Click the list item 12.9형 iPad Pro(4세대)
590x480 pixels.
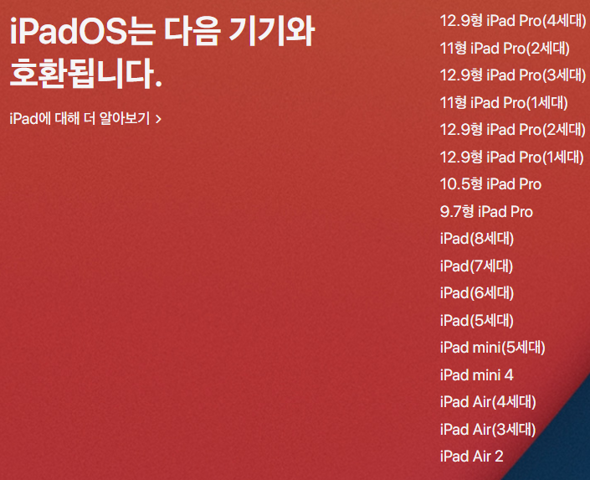pyautogui.click(x=513, y=20)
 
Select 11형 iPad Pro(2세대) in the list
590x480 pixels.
pyautogui.click(x=505, y=48)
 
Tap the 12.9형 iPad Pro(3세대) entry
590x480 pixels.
pyautogui.click(x=513, y=75)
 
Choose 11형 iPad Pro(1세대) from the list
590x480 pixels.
pyautogui.click(x=504, y=102)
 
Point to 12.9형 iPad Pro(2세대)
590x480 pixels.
pyautogui.click(x=513, y=129)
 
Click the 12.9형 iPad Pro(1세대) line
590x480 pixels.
pyautogui.click(x=512, y=157)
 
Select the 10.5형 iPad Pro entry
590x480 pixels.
pyautogui.click(x=490, y=183)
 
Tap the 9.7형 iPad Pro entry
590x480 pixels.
pyautogui.click(x=486, y=211)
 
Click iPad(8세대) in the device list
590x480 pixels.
pyautogui.click(x=477, y=239)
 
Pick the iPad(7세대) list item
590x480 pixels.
pyautogui.click(x=476, y=266)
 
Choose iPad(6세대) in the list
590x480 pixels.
pyautogui.click(x=477, y=293)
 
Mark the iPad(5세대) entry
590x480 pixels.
pyautogui.click(x=477, y=320)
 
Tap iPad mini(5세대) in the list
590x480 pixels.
pyautogui.click(x=493, y=348)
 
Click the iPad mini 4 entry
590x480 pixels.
pyautogui.click(x=477, y=375)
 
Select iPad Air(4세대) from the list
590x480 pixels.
pyautogui.click(x=488, y=402)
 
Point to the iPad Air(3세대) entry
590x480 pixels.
pyautogui.click(x=488, y=429)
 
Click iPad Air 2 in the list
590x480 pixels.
pyautogui.click(x=471, y=457)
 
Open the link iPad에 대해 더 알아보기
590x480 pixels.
pyautogui.click(x=85, y=119)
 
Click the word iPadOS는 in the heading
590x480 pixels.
pyautogui.click(x=82, y=33)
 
